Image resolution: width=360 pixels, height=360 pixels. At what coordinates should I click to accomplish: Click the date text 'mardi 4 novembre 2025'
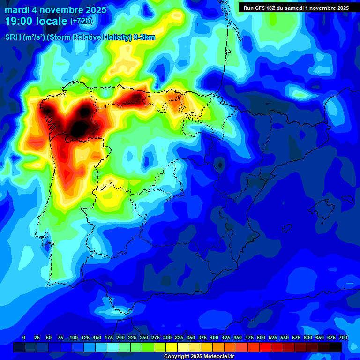[56, 10]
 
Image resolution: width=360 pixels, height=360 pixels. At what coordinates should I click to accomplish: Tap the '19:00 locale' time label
[36, 21]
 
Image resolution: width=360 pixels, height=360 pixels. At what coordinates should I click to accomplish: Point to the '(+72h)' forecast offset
[82, 21]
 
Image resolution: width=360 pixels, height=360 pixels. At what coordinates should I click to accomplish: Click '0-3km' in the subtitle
[144, 37]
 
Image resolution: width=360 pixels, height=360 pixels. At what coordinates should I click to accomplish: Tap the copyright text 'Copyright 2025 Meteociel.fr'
[199, 357]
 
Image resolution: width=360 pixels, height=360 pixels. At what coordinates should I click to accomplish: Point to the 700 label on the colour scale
[343, 338]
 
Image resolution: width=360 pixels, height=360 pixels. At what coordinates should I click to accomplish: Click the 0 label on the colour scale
[24, 338]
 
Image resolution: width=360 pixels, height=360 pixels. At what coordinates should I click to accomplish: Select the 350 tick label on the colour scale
[191, 338]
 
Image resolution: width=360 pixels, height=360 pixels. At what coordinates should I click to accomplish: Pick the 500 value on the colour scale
[261, 338]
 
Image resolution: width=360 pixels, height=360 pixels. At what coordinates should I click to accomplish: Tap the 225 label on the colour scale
[132, 338]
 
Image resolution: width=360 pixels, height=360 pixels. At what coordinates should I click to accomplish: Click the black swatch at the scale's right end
[336, 347]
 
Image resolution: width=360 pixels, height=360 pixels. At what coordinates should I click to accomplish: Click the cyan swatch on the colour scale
[113, 347]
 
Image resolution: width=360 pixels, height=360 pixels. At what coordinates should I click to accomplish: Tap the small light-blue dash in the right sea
[350, 284]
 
